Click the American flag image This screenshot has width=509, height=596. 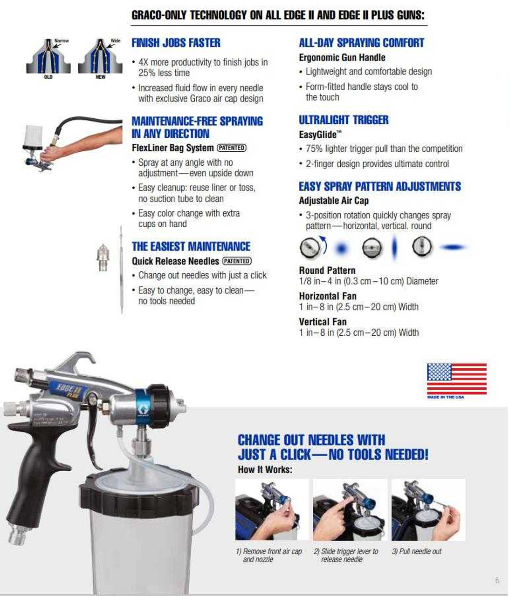tap(457, 379)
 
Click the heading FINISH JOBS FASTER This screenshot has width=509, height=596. tap(176, 43)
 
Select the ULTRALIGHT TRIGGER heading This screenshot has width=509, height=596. tap(344, 120)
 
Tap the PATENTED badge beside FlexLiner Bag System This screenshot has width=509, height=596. tap(232, 148)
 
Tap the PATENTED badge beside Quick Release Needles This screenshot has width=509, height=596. tap(237, 261)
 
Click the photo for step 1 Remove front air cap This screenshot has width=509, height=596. tap(272, 510)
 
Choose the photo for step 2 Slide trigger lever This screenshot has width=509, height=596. tap(350, 510)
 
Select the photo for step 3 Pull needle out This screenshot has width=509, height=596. tap(428, 510)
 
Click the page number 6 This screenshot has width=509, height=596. tap(497, 580)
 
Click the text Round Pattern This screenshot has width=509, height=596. tap(327, 271)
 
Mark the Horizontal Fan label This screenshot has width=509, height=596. tap(328, 296)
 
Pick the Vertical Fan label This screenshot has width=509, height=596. tap(323, 322)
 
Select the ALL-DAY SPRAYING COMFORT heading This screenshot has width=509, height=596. tap(361, 43)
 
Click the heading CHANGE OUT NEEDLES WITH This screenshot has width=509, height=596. tap(311, 440)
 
